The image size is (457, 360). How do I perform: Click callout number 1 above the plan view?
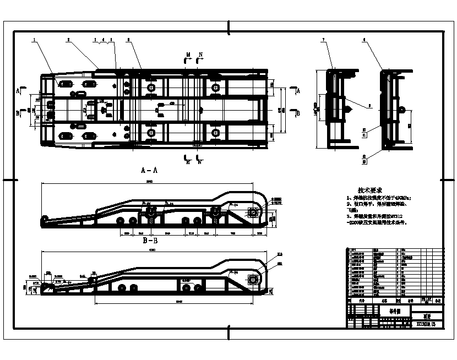pyautogui.click(x=34, y=40)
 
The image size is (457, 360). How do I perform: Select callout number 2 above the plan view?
pyautogui.click(x=68, y=40)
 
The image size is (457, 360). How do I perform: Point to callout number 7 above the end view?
pyautogui.click(x=323, y=40)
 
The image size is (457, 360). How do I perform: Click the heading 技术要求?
pyautogui.click(x=370, y=188)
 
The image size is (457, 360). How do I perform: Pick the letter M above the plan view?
pyautogui.click(x=188, y=54)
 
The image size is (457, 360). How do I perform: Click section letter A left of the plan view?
pyautogui.click(x=18, y=89)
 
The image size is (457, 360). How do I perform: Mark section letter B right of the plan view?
pyautogui.click(x=298, y=113)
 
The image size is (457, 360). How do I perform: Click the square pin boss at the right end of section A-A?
pyautogui.click(x=253, y=212)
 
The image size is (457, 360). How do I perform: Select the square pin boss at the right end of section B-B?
pyautogui.click(x=254, y=280)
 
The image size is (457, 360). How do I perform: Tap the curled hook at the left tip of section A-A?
pyautogui.click(x=43, y=222)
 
